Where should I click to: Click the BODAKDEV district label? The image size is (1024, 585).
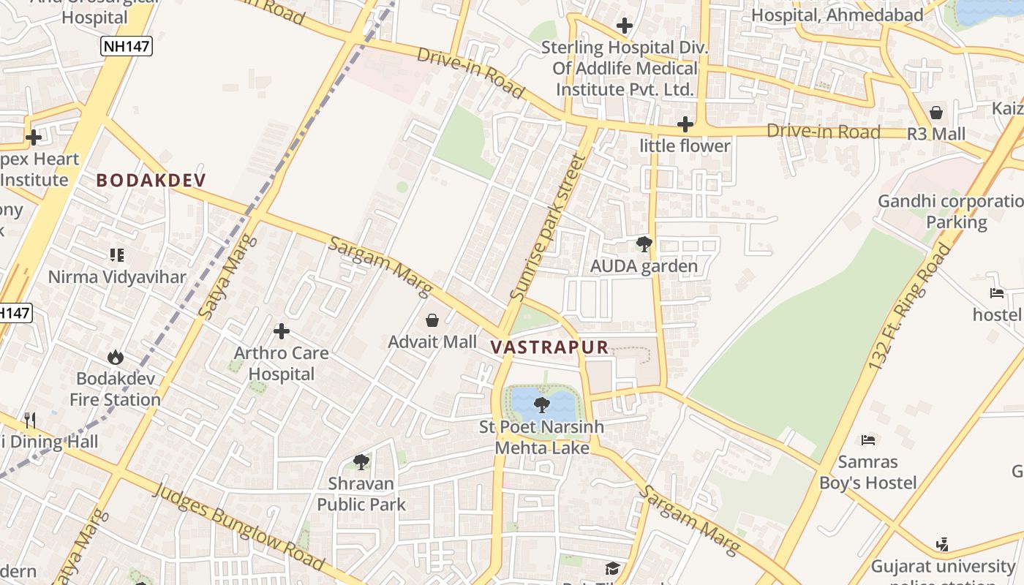pyautogui.click(x=151, y=180)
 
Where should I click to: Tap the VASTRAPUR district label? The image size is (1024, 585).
pyautogui.click(x=549, y=347)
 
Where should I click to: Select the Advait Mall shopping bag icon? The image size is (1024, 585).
pyautogui.click(x=432, y=320)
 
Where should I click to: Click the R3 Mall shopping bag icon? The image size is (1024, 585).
pyautogui.click(x=935, y=113)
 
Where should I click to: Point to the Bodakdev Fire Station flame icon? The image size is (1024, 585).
pyautogui.click(x=115, y=358)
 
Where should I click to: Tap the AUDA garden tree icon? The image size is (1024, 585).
pyautogui.click(x=644, y=244)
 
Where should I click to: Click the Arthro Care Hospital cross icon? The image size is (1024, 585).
pyautogui.click(x=282, y=332)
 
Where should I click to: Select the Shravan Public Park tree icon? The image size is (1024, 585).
pyautogui.click(x=361, y=461)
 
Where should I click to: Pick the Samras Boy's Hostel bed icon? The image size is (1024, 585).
pyautogui.click(x=868, y=440)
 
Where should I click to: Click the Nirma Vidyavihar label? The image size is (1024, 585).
pyautogui.click(x=117, y=277)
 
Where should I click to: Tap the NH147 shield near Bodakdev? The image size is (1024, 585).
pyautogui.click(x=127, y=47)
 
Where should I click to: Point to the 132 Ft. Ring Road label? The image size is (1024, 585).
pyautogui.click(x=909, y=307)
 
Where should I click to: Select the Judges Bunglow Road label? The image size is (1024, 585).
pyautogui.click(x=238, y=526)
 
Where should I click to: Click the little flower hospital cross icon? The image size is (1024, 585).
pyautogui.click(x=685, y=124)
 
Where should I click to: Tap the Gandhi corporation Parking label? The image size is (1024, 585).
pyautogui.click(x=951, y=211)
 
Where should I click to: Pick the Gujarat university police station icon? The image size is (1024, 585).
pyautogui.click(x=942, y=545)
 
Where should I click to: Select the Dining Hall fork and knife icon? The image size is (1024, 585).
pyautogui.click(x=30, y=420)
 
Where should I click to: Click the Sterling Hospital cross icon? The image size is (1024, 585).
pyautogui.click(x=624, y=26)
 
